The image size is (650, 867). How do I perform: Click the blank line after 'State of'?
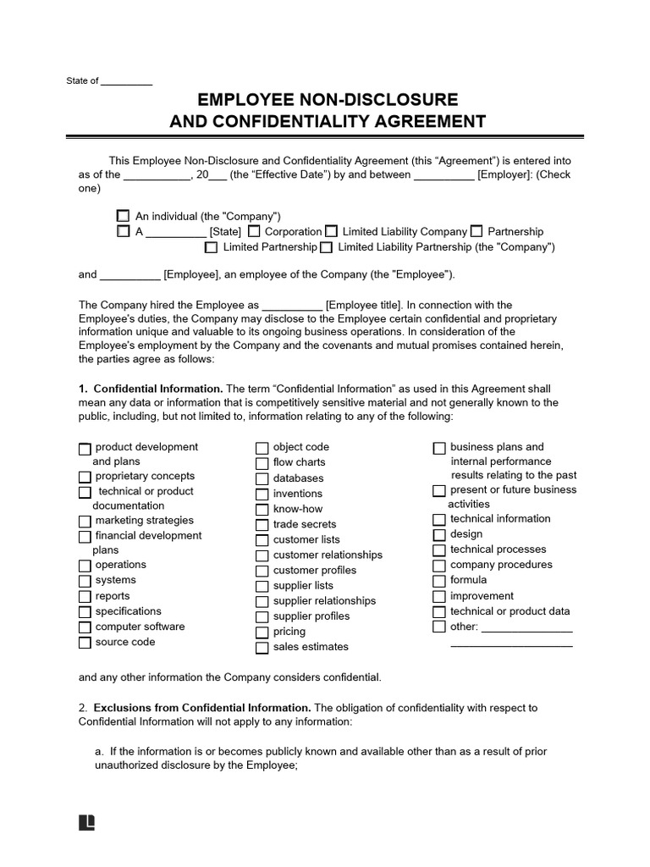pos(127,82)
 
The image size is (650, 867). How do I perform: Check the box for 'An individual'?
pos(124,217)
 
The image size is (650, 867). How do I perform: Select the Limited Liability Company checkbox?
pos(331,231)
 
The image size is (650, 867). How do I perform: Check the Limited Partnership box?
pos(212,247)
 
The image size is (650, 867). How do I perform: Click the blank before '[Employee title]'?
pos(292,306)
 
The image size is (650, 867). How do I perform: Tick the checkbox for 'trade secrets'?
pos(262,525)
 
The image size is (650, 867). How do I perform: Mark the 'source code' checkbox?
pos(84,643)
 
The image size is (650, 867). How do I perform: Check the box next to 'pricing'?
pos(262,632)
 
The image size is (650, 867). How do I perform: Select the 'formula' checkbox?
pos(438,581)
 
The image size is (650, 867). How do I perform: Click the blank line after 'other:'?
pos(526,628)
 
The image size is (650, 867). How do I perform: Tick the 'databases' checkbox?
pos(262,478)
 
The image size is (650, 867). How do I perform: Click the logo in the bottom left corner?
pos(85,823)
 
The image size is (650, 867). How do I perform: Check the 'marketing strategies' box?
pos(84,522)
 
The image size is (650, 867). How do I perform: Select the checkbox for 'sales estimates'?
pos(262,648)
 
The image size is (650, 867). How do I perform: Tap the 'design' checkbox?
pos(438,535)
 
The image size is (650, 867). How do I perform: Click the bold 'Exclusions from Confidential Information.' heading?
pos(202,708)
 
